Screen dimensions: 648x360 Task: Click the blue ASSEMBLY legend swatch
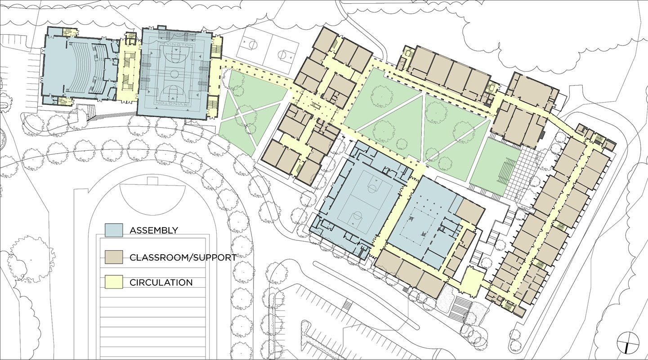[x=114, y=230]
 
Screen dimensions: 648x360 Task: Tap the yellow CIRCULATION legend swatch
[x=114, y=282]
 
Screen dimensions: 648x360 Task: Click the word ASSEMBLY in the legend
[x=154, y=230]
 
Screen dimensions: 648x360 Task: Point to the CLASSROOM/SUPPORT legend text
[x=183, y=258]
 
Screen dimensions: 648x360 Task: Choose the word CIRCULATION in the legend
[x=161, y=283]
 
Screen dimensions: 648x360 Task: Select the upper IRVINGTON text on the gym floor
[x=174, y=45]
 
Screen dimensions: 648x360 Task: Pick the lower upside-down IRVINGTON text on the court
[x=174, y=103]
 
